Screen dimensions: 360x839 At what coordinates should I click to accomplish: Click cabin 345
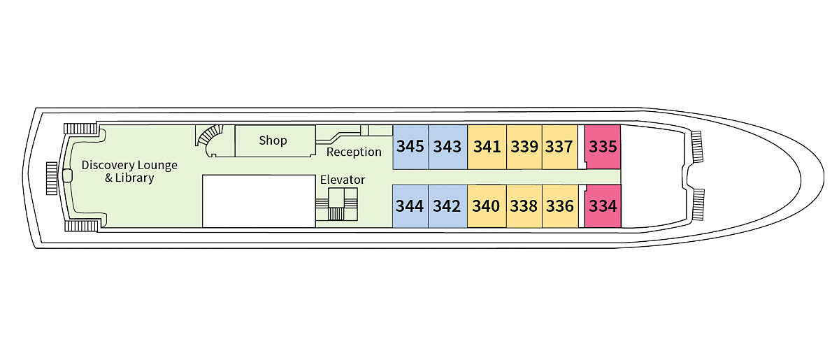pos(410,147)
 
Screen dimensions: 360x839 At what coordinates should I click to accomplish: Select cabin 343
pos(447,147)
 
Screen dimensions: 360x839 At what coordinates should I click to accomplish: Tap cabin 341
pos(487,147)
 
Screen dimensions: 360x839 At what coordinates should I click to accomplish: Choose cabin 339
pos(524,147)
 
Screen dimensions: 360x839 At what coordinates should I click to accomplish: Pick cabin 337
pos(559,147)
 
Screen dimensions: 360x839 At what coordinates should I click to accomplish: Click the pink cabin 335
pos(603,147)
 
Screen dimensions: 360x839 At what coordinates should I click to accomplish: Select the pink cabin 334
pos(603,206)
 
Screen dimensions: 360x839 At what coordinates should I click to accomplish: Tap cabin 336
pos(559,206)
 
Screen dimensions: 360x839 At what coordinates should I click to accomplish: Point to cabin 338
pos(524,206)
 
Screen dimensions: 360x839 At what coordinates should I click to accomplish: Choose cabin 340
pos(486,206)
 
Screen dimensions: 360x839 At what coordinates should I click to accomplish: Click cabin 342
pos(447,206)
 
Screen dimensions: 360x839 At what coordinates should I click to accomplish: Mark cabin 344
pos(410,206)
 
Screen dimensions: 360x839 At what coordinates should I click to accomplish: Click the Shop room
pos(273,141)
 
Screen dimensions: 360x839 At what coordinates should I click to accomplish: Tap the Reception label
pos(354,152)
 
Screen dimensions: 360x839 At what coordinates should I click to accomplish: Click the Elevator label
pos(343,180)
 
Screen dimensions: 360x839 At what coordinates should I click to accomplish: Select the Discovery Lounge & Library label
pos(129,171)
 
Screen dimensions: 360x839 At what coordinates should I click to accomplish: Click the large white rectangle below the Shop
pos(259,201)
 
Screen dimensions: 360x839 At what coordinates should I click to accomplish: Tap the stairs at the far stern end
pos(51,178)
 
